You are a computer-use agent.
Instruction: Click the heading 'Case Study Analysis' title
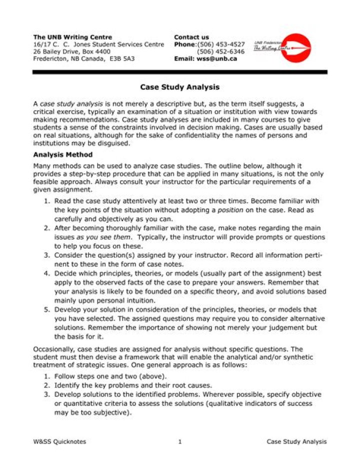click(x=179, y=87)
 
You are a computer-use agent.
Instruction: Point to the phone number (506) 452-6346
click(x=220, y=52)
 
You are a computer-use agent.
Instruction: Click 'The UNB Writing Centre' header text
click(x=72, y=37)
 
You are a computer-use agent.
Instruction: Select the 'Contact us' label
click(x=191, y=37)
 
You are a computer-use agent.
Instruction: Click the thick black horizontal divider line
click(x=179, y=72)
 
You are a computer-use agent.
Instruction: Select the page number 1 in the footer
click(x=179, y=441)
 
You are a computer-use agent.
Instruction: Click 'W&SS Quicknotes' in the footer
click(x=59, y=441)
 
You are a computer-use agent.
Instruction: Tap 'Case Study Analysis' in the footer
click(x=296, y=441)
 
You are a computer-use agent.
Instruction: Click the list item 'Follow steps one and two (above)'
click(x=111, y=376)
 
